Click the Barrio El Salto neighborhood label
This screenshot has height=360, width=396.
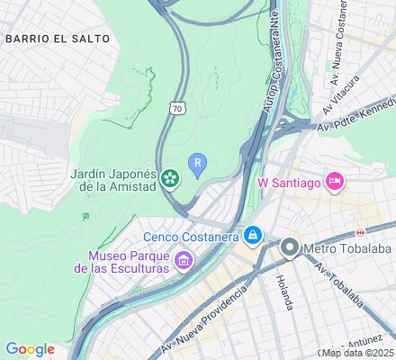tap(58, 39)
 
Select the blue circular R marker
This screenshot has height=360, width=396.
tap(198, 163)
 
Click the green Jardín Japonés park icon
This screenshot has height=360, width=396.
tap(170, 181)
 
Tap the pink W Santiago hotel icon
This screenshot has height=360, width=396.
tap(335, 182)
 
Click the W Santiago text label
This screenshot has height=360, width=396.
tap(290, 183)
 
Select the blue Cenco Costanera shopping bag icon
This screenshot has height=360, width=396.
tap(254, 237)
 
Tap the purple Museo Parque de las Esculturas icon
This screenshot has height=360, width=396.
tap(184, 261)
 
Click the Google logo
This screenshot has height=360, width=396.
tap(30, 349)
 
